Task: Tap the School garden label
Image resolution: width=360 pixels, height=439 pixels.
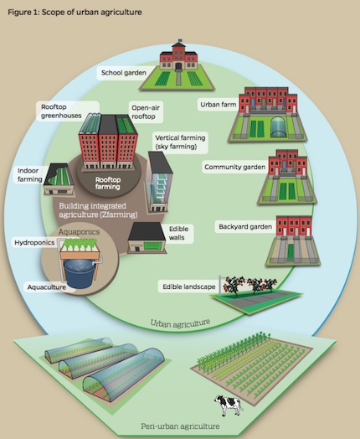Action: [x=124, y=73]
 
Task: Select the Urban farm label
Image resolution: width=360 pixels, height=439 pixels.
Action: [x=219, y=105]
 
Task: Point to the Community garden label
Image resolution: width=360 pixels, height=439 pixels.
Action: [x=234, y=168]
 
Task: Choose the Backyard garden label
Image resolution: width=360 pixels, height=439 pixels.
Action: [x=245, y=226]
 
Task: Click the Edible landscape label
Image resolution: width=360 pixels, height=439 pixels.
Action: [x=189, y=287]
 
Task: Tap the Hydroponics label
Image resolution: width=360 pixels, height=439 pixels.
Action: [x=34, y=242]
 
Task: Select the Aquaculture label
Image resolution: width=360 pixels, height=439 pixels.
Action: [x=46, y=287]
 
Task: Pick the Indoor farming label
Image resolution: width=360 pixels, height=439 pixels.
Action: [x=28, y=175]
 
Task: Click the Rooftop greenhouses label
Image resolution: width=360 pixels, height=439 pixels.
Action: [x=62, y=111]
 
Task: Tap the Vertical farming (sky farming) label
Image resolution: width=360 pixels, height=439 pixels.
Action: [x=180, y=142]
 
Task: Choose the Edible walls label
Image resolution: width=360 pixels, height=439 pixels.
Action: [x=178, y=233]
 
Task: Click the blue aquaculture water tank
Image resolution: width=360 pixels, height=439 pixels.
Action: [x=80, y=273]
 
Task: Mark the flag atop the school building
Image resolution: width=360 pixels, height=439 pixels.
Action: [x=179, y=40]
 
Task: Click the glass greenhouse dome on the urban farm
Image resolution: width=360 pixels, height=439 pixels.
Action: [x=279, y=127]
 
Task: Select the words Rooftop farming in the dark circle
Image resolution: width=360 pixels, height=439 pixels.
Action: [x=108, y=183]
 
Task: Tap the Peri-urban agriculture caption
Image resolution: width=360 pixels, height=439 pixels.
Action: [x=180, y=426]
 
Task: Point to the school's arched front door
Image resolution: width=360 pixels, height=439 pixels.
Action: [x=178, y=66]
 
